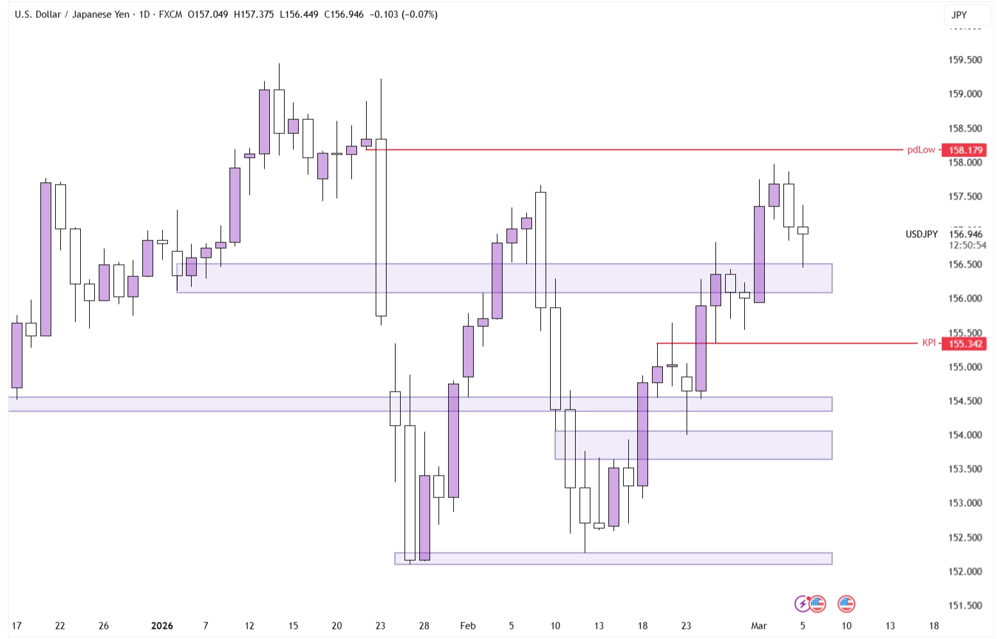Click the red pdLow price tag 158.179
pyautogui.click(x=965, y=150)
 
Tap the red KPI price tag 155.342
pyautogui.click(x=965, y=344)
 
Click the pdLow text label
pyautogui.click(x=921, y=150)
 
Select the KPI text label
pyautogui.click(x=928, y=343)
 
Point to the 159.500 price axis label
pyautogui.click(x=965, y=60)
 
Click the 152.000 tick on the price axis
pyautogui.click(x=965, y=571)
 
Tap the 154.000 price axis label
pyautogui.click(x=965, y=435)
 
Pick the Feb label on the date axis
pyautogui.click(x=467, y=626)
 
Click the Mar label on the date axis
pyautogui.click(x=758, y=626)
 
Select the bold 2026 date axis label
pyautogui.click(x=162, y=626)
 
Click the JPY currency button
pyautogui.click(x=959, y=15)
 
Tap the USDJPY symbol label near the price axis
pyautogui.click(x=921, y=234)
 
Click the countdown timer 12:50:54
pyautogui.click(x=967, y=245)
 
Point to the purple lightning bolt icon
pyautogui.click(x=802, y=604)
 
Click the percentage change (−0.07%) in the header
pyautogui.click(x=419, y=14)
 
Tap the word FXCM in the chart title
pyautogui.click(x=170, y=14)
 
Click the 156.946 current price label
pyautogui.click(x=965, y=234)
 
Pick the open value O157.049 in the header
pyautogui.click(x=208, y=14)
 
